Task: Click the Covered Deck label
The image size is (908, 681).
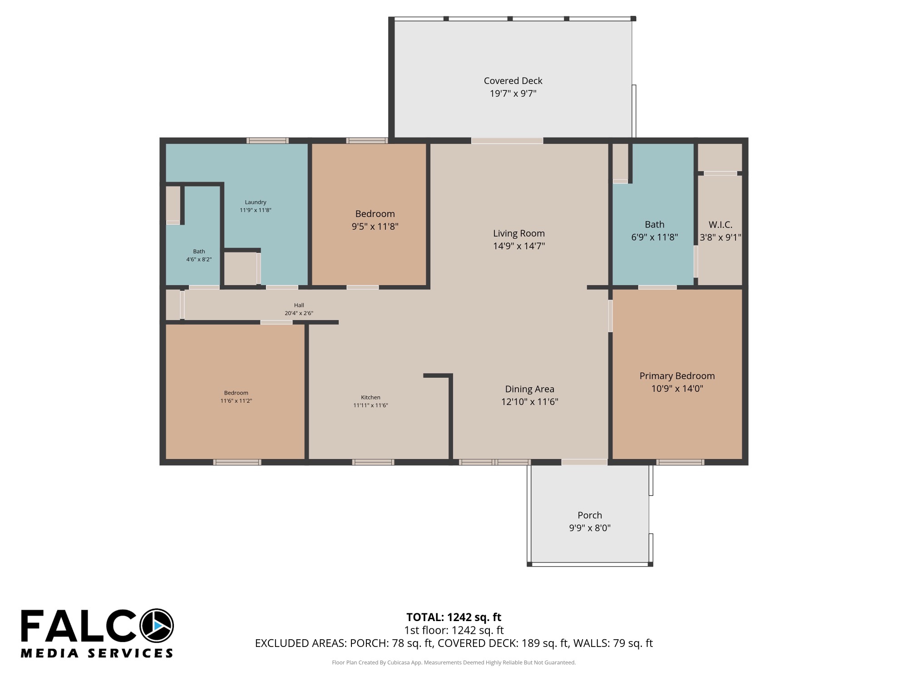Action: tap(513, 81)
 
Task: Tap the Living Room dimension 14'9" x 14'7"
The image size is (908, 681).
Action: tap(519, 246)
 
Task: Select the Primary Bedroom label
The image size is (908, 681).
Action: tap(677, 376)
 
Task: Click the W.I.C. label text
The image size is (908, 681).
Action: tap(720, 225)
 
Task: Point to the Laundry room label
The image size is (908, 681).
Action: tap(255, 202)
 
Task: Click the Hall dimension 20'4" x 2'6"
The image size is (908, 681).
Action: tap(299, 313)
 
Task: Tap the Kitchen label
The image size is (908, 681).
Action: tap(370, 398)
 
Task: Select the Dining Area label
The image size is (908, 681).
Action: tap(529, 389)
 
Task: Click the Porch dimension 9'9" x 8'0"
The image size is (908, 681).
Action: tap(590, 528)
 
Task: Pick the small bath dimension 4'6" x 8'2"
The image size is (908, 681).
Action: tap(199, 260)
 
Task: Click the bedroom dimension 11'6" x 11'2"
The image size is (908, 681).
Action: tap(236, 401)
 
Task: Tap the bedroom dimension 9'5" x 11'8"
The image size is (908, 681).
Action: tap(375, 227)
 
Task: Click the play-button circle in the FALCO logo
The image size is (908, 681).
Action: tap(157, 626)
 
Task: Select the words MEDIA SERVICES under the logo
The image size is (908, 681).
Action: tap(97, 653)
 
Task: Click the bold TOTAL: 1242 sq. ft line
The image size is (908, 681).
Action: tap(454, 617)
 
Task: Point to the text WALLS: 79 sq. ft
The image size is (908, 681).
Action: tap(613, 643)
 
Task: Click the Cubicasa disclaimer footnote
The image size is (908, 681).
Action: tap(454, 663)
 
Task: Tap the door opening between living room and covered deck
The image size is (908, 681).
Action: tap(507, 141)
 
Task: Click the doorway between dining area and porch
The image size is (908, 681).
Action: tap(584, 462)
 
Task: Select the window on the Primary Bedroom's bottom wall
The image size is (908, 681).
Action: tap(680, 462)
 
